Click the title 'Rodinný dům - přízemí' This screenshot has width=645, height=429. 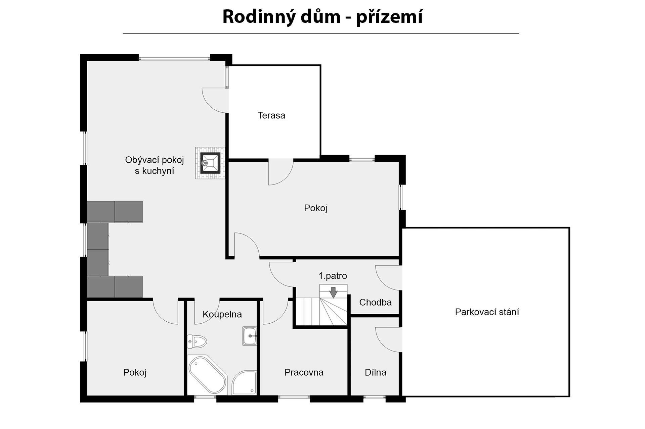pyautogui.click(x=322, y=17)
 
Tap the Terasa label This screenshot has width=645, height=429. pyautogui.click(x=271, y=115)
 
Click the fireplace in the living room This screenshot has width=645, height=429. pyautogui.click(x=210, y=163)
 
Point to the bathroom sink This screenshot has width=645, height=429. pyautogui.click(x=250, y=336)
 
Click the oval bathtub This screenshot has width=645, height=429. pyautogui.click(x=207, y=375)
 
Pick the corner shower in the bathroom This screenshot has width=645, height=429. pyautogui.click(x=244, y=382)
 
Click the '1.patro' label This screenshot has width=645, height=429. pyautogui.click(x=333, y=276)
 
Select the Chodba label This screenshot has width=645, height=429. pyautogui.click(x=375, y=303)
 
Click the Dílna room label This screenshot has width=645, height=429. pyautogui.click(x=376, y=372)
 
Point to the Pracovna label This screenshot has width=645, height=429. pyautogui.click(x=304, y=372)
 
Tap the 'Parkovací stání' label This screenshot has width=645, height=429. pyautogui.click(x=487, y=312)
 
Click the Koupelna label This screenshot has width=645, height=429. pyautogui.click(x=222, y=314)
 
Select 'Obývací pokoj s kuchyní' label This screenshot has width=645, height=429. pyautogui.click(x=155, y=165)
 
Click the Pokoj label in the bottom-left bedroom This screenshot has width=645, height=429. pyautogui.click(x=135, y=373)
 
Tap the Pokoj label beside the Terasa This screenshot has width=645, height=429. pyautogui.click(x=315, y=208)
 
